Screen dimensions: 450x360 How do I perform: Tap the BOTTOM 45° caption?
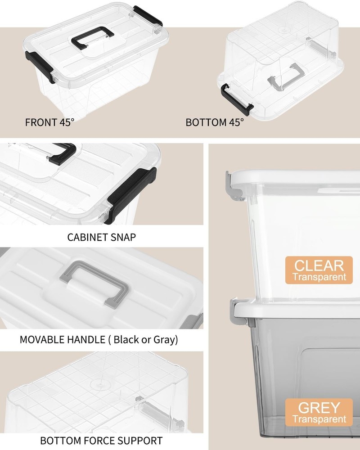click(215, 122)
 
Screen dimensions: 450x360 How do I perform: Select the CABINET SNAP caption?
click(101, 237)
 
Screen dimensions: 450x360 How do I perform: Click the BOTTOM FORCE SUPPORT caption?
click(101, 440)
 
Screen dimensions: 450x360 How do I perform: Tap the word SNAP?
click(121, 237)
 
